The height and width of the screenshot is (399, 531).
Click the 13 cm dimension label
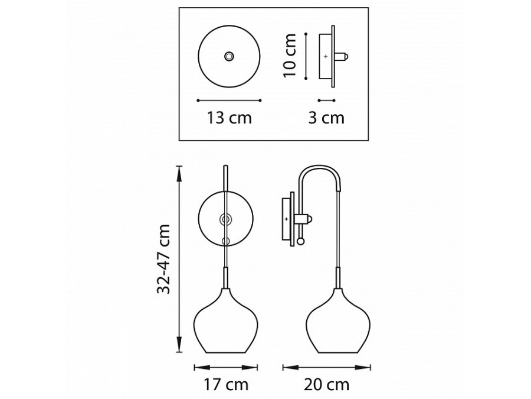[229, 118]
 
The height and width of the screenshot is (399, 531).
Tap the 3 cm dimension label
[326, 118]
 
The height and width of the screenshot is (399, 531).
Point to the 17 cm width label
[225, 385]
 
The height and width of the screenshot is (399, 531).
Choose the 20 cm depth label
[326, 385]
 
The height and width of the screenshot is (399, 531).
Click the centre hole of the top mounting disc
[228, 56]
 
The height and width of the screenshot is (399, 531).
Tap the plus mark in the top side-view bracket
[326, 56]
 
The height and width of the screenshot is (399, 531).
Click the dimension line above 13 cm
[229, 100]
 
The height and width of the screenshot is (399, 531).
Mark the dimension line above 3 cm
[326, 100]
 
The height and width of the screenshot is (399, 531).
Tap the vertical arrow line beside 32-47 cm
[179, 258]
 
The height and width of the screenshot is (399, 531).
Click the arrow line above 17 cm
[225, 366]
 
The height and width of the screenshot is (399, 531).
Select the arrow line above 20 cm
[326, 366]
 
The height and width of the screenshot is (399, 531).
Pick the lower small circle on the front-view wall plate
[225, 241]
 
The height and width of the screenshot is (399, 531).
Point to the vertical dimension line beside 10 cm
[306, 56]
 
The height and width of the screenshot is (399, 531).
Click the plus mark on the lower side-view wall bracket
[287, 219]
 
